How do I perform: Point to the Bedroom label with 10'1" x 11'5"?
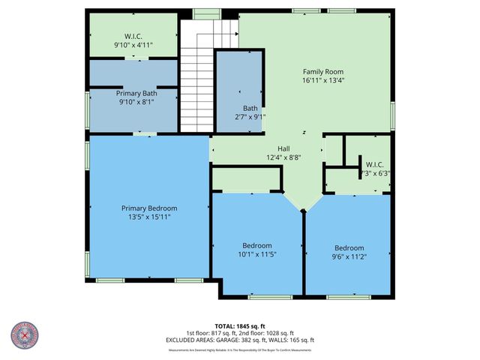point(257,245)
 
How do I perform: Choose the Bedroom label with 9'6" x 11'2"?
point(349,248)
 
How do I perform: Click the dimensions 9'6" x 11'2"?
point(349,258)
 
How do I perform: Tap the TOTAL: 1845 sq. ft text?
point(240,326)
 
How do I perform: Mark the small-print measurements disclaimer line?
point(240,349)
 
